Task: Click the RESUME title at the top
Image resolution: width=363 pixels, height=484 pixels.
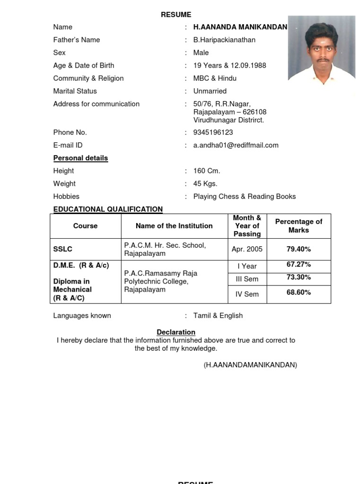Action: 176,15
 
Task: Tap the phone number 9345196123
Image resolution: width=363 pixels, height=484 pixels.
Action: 213,132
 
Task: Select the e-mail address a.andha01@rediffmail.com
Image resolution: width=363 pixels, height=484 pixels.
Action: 235,145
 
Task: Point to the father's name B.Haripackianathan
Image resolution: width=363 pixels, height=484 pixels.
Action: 224,40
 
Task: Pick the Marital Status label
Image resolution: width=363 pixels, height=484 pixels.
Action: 75,91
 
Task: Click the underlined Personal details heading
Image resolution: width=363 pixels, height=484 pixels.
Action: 80,158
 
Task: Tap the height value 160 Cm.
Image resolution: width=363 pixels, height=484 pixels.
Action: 207,171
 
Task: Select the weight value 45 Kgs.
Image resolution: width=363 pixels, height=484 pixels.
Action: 205,183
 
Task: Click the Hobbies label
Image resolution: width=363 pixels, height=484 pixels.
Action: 66,196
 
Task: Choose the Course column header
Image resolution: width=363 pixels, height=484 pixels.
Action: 86,226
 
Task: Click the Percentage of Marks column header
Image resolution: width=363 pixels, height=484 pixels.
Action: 299,226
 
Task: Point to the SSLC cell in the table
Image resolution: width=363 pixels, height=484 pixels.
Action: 63,249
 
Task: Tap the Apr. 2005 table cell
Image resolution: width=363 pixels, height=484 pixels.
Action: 247,249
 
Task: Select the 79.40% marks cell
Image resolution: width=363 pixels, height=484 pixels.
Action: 299,249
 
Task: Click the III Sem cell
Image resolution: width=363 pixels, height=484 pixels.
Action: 247,279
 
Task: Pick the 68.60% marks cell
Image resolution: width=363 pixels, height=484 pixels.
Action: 299,293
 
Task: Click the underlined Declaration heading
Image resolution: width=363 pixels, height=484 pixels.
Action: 176,332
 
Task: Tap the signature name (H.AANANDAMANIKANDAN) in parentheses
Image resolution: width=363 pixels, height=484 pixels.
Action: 251,365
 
